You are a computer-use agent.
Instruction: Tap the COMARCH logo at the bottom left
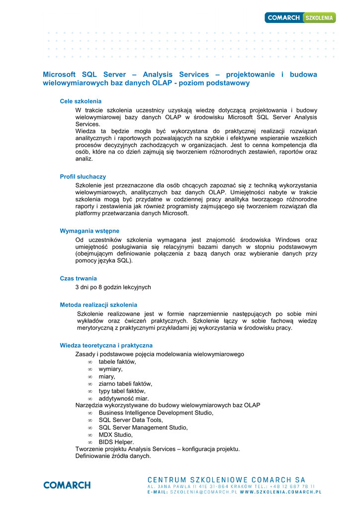point(67,485)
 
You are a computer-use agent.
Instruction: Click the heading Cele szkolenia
point(81,101)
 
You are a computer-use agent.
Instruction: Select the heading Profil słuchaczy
point(83,176)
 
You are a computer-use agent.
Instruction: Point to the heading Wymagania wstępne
point(90,231)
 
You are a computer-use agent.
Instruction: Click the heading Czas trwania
point(78,278)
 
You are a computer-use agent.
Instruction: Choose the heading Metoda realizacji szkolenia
point(98,305)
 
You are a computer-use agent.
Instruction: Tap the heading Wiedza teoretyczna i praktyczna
point(106,345)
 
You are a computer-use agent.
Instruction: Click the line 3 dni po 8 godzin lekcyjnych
point(113,287)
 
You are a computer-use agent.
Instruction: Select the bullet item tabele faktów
point(117,362)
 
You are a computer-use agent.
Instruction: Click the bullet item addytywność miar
point(123,398)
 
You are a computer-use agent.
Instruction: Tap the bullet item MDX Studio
point(115,434)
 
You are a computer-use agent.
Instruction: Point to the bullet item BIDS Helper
point(116,442)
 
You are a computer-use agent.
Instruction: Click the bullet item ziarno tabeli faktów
point(125,384)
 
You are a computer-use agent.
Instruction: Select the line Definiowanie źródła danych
point(113,456)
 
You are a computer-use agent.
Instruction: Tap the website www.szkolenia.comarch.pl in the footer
point(280,492)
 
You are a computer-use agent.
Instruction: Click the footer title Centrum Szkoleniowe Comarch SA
point(226,479)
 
